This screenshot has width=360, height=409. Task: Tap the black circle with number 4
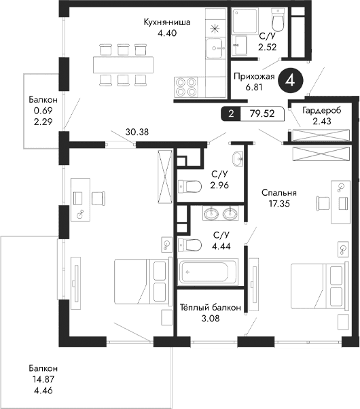291,80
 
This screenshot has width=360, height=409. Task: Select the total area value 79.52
261,113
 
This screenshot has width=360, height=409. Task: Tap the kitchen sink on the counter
216,48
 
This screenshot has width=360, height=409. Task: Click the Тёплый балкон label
210,308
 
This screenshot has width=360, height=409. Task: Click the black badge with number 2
232,113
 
